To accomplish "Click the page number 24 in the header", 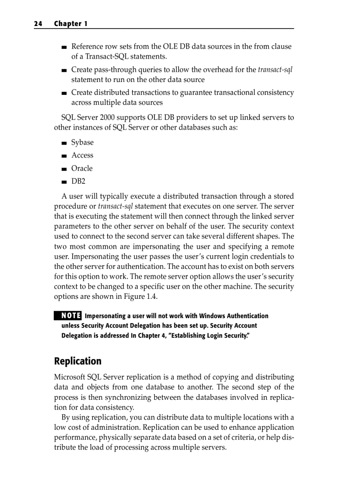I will tap(38, 24).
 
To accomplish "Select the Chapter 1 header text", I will tap(71, 24).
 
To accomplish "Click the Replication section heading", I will tap(78, 361).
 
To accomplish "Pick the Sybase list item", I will tap(82, 142).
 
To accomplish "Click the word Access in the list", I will tap(82, 155).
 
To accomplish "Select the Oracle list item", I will tap(82, 168).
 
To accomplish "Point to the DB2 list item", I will tap(79, 181).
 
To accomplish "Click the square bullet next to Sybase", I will tap(64, 143).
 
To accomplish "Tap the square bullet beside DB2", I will tap(64, 182).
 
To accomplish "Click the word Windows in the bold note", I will tap(212, 316).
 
